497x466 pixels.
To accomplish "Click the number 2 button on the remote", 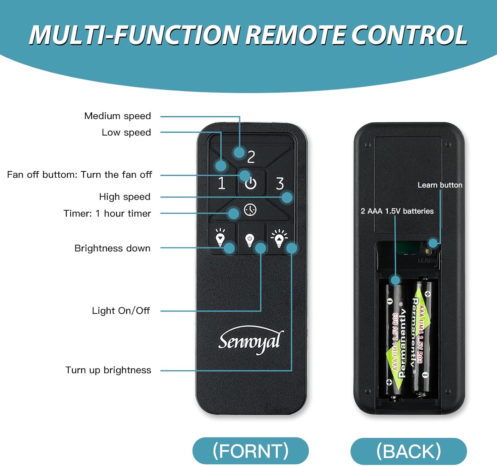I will [x=251, y=156].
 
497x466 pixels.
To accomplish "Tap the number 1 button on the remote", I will [x=222, y=183].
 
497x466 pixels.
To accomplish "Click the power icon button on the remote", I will [x=251, y=183].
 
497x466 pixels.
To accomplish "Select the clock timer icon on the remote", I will [x=250, y=210].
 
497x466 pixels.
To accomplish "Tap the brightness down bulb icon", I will [x=220, y=237].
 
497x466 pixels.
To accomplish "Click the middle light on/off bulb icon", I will [x=249, y=240].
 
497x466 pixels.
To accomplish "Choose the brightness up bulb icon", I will [x=279, y=237].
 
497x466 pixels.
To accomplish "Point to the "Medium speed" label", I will [x=118, y=116].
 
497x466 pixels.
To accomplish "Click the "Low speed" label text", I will [x=126, y=133].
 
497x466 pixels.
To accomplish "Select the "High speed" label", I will [x=125, y=197].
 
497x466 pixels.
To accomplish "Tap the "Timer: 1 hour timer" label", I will [x=107, y=213].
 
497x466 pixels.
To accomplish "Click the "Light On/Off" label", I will [x=121, y=311].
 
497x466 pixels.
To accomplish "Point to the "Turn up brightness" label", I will [x=108, y=370].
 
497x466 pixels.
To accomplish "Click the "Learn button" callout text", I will [x=440, y=185].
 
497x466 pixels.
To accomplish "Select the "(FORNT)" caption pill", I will [x=250, y=451].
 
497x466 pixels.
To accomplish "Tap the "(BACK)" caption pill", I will [x=409, y=451].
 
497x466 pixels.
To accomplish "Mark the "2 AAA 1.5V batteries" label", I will [x=397, y=211].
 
